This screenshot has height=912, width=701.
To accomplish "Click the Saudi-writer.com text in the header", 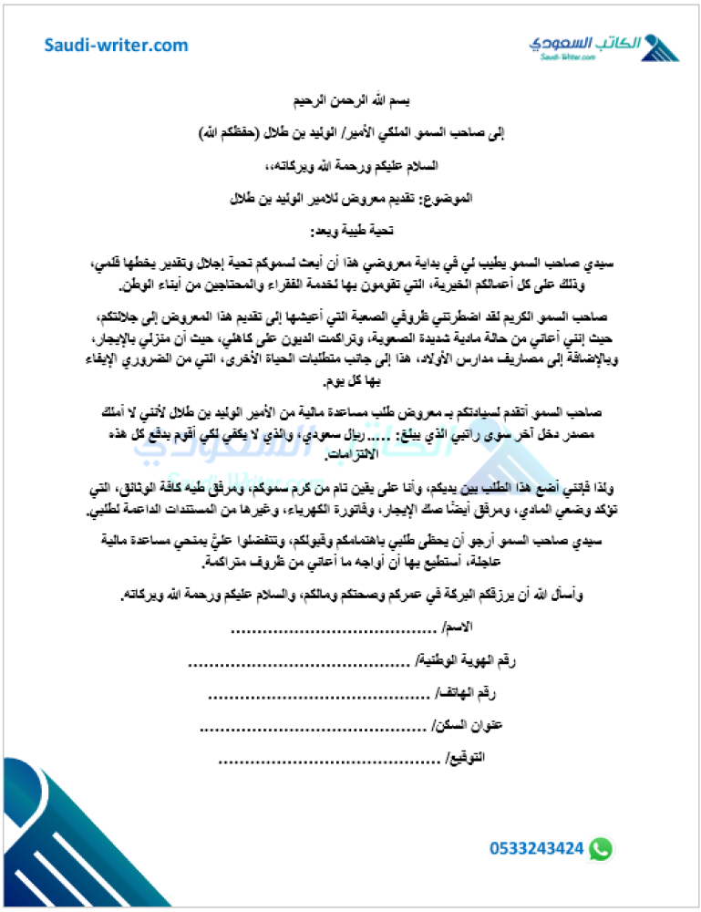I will click(x=117, y=45).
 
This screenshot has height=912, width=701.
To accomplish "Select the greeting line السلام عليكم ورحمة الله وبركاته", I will click(x=351, y=166).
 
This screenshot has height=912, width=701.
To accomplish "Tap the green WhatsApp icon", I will click(x=601, y=848).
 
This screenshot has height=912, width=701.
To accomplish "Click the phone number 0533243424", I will click(x=536, y=848).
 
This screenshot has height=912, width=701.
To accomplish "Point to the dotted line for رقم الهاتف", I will click(x=319, y=695).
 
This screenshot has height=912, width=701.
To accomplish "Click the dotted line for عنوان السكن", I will click(x=313, y=728).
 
